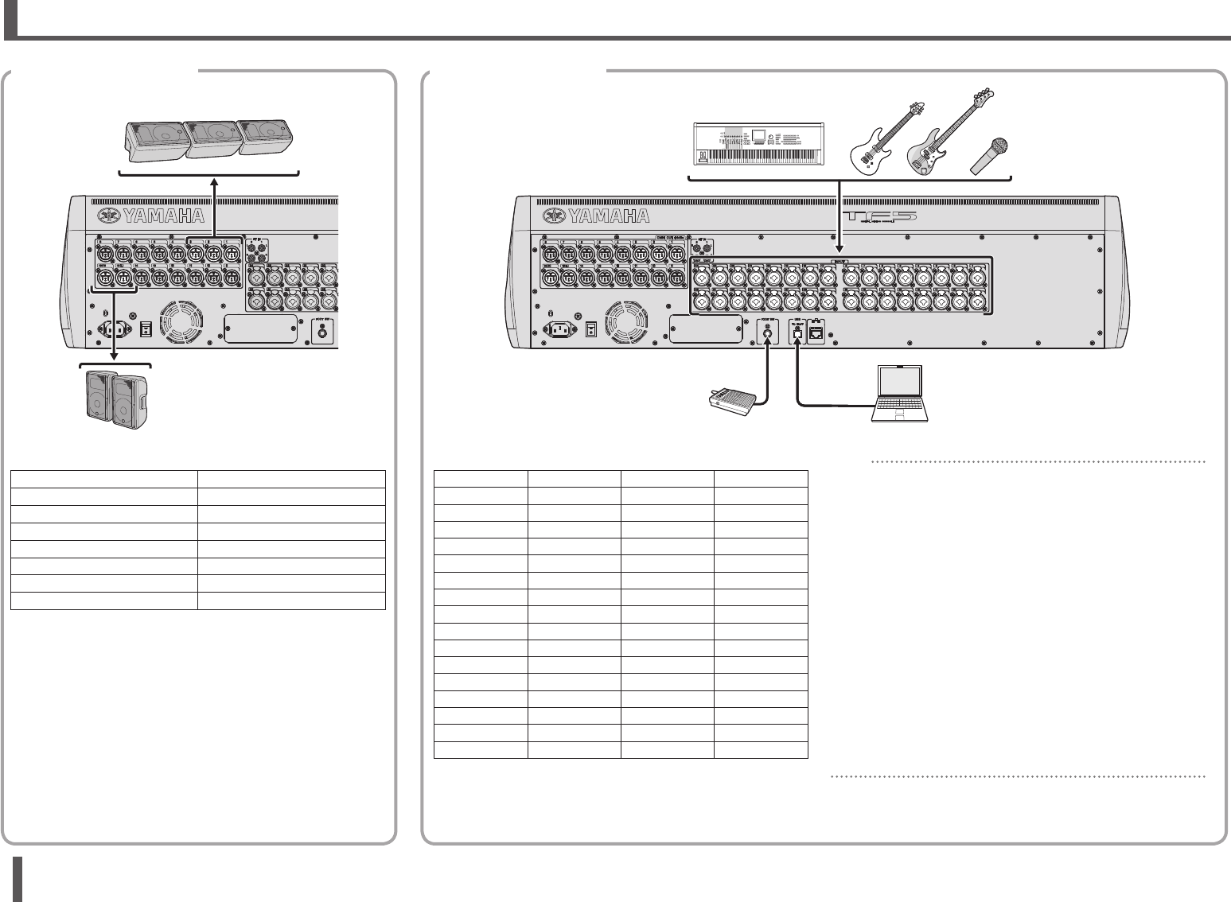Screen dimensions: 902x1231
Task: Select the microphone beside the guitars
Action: pyautogui.click(x=990, y=155)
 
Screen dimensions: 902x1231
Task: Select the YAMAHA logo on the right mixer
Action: pyautogui.click(x=596, y=216)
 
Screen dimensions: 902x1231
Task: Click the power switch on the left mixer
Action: pyautogui.click(x=145, y=329)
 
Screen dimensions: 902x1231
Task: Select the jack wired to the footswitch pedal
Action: pyautogui.click(x=767, y=335)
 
